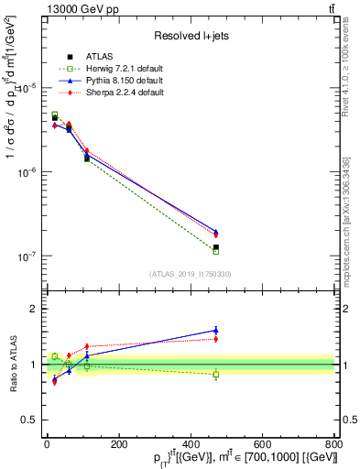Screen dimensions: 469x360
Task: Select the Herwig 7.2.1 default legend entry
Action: click(120, 70)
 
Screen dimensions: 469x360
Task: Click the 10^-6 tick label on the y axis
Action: click(27, 172)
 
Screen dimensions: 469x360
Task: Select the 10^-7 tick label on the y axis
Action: click(27, 256)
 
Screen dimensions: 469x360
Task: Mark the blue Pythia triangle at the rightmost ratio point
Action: click(216, 330)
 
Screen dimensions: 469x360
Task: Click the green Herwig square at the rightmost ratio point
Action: click(216, 374)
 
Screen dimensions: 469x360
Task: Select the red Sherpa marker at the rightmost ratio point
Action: click(216, 339)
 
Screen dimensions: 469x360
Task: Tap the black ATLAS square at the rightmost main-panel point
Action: click(216, 247)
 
